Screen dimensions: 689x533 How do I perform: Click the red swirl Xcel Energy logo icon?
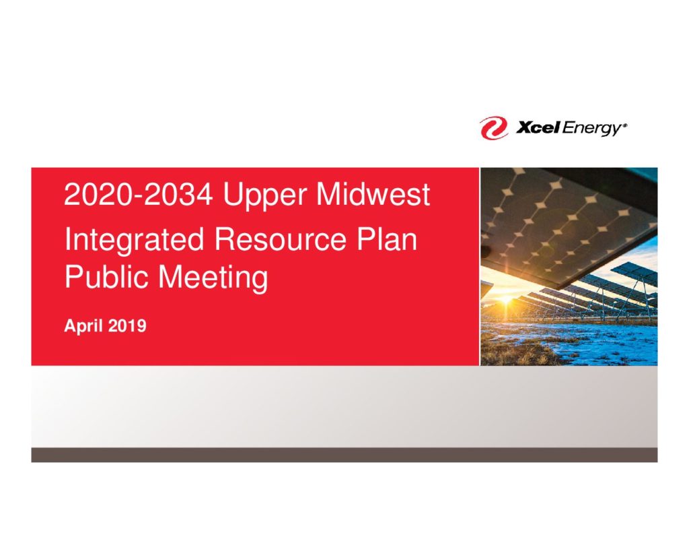pyautogui.click(x=494, y=128)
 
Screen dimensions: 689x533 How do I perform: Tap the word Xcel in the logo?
pyautogui.click(x=538, y=127)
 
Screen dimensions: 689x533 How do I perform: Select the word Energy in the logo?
pyautogui.click(x=591, y=129)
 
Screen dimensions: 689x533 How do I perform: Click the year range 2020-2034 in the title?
pyautogui.click(x=139, y=194)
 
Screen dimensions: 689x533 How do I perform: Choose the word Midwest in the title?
pyautogui.click(x=373, y=194)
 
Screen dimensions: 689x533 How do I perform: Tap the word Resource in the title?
pyautogui.click(x=281, y=239)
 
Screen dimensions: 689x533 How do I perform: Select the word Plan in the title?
pyautogui.click(x=387, y=239)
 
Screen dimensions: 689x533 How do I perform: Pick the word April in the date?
pyautogui.click(x=83, y=327)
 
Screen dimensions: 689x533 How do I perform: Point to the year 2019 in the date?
pyautogui.click(x=127, y=326)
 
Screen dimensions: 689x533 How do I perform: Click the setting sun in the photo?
pyautogui.click(x=506, y=300)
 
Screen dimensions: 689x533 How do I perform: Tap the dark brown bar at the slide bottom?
pyautogui.click(x=344, y=455)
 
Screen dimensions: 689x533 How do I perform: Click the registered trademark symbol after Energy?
pyautogui.click(x=625, y=125)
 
